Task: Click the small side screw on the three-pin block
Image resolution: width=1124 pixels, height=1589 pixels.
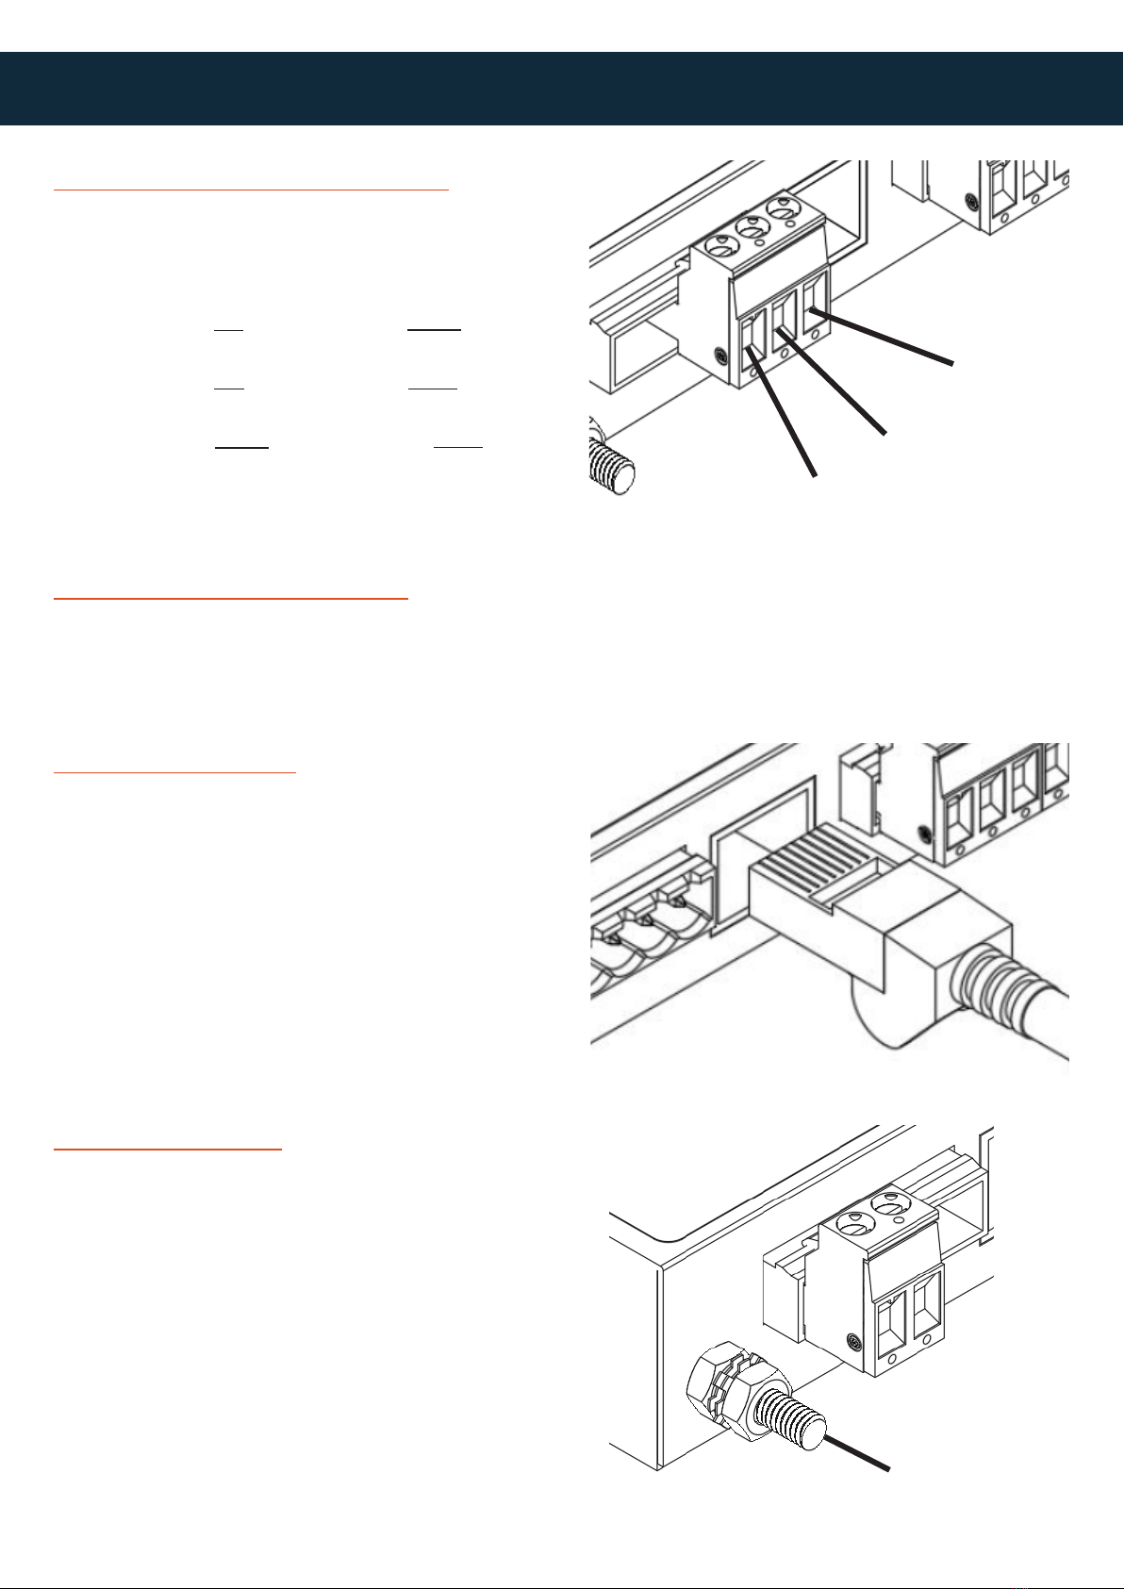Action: (x=719, y=356)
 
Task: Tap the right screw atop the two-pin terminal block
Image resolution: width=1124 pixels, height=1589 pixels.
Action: (x=888, y=1206)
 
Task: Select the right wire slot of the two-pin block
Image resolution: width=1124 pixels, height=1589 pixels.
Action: (x=926, y=1298)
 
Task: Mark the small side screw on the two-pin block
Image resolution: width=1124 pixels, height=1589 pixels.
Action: (x=853, y=1341)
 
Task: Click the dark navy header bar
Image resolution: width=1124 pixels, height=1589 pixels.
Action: (x=562, y=89)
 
